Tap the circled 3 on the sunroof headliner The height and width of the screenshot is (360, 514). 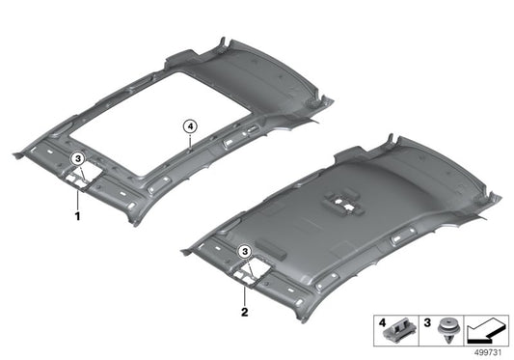pos(81,157)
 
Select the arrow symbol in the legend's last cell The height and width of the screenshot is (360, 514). pos(487,331)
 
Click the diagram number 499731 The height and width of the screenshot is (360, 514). pos(492,352)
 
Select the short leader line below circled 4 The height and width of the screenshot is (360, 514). pos(191,139)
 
